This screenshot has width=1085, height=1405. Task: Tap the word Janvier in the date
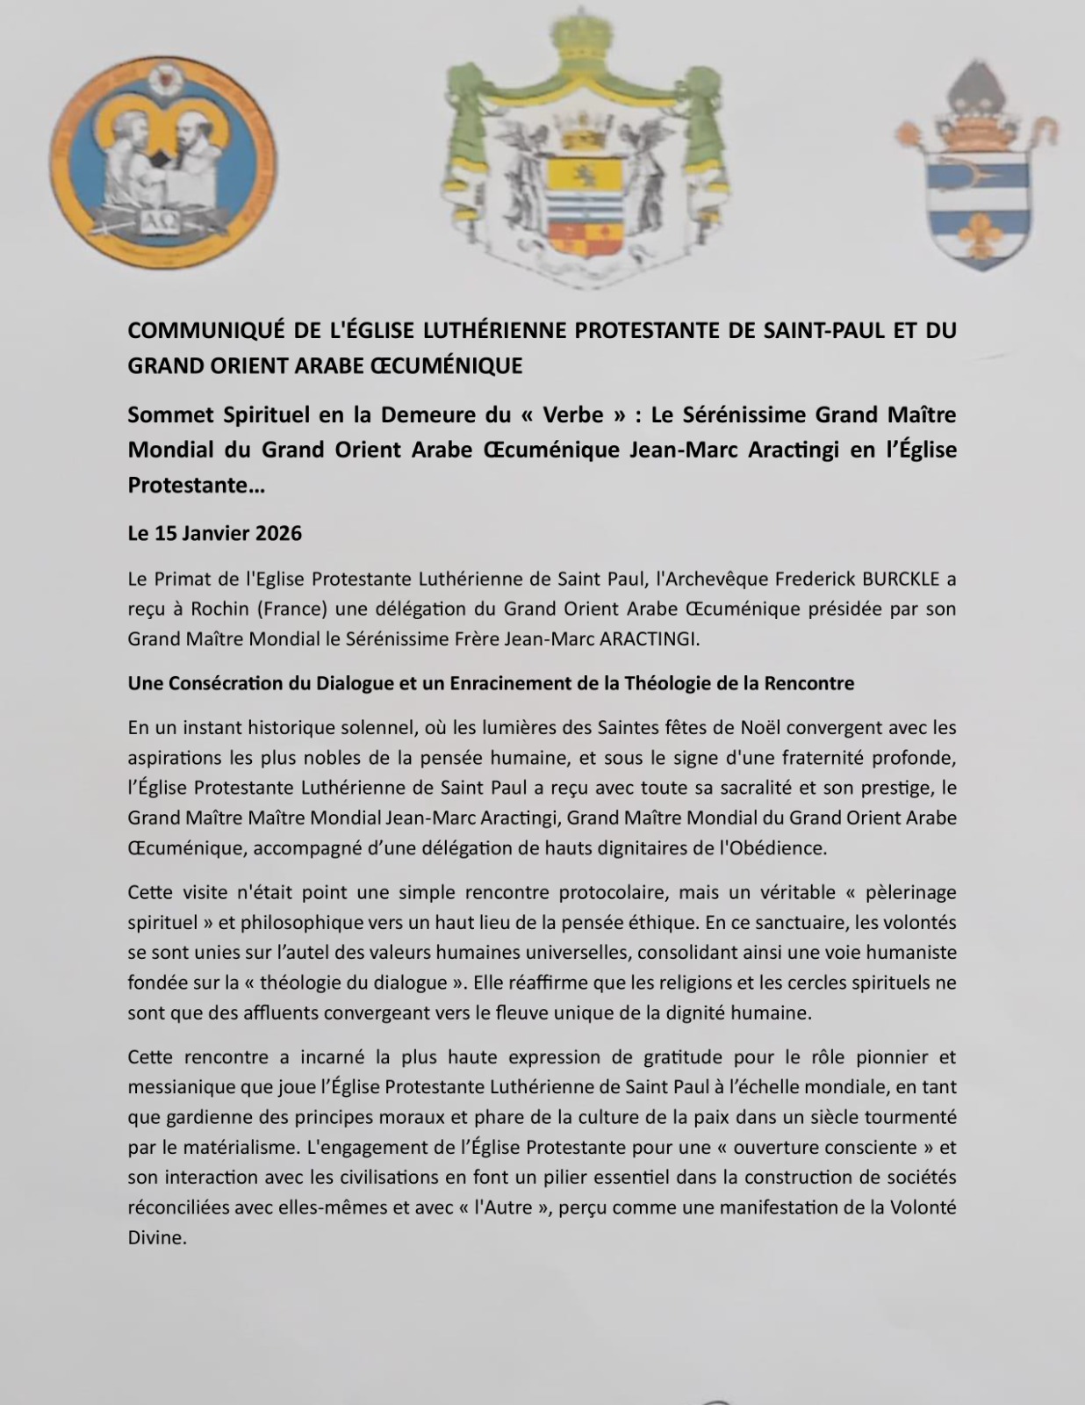[200, 533]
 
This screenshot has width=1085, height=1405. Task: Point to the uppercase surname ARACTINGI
[649, 638]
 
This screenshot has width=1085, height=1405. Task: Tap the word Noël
[760, 727]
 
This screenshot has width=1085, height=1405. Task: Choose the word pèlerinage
[909, 892]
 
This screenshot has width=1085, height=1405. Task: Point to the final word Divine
[157, 1237]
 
